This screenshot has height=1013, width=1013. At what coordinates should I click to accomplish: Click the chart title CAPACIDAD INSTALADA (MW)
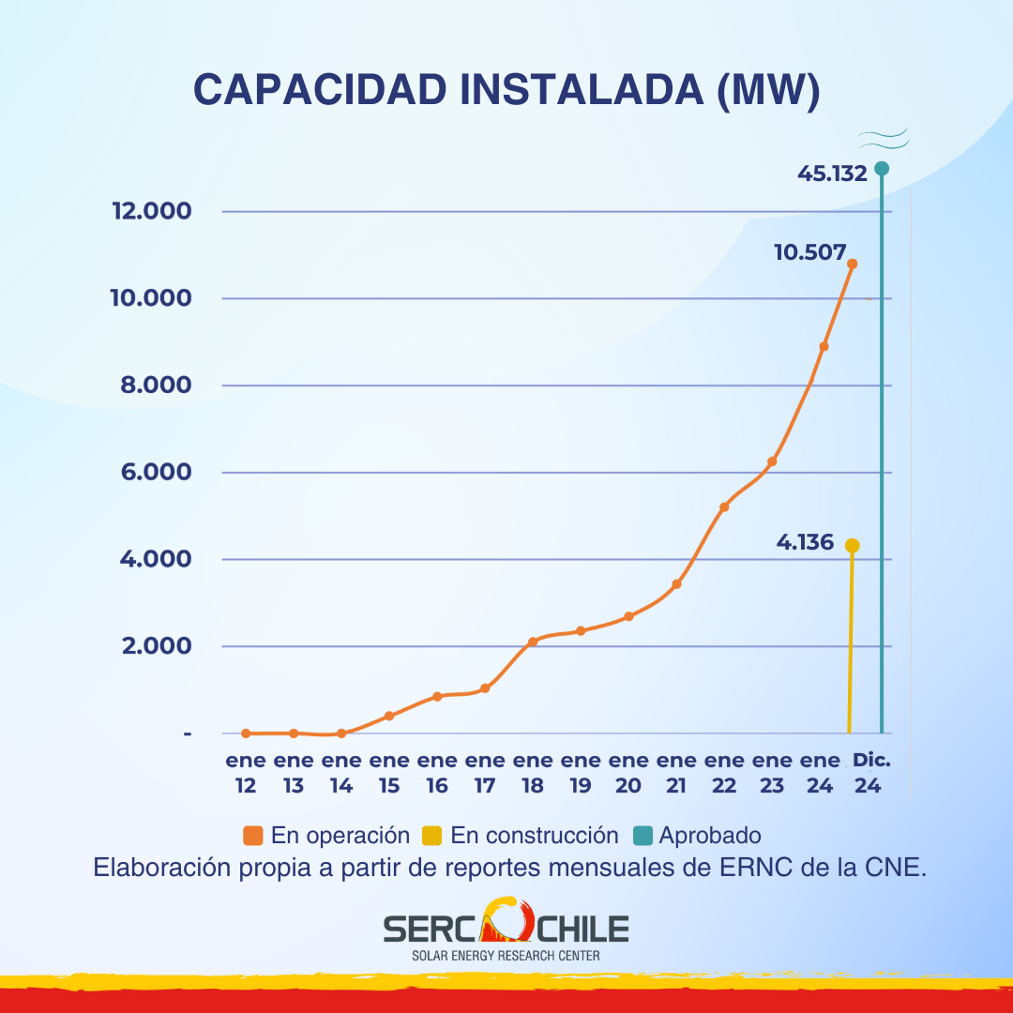pyautogui.click(x=506, y=89)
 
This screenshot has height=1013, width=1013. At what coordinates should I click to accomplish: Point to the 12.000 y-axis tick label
pyautogui.click(x=152, y=210)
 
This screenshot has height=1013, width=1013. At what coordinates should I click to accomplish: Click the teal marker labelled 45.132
pyautogui.click(x=882, y=169)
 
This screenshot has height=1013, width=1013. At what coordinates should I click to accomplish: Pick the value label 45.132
pyautogui.click(x=832, y=173)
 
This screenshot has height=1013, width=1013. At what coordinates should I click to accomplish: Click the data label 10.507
pyautogui.click(x=810, y=252)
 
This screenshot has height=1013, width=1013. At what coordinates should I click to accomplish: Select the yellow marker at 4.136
pyautogui.click(x=852, y=546)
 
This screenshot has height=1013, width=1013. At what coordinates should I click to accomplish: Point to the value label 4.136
pyautogui.click(x=805, y=542)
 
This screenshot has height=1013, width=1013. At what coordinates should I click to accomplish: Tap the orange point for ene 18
pyautogui.click(x=533, y=642)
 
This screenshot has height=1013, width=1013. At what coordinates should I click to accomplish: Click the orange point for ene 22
pyautogui.click(x=724, y=507)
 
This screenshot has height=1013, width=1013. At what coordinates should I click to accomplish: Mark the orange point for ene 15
pyautogui.click(x=389, y=716)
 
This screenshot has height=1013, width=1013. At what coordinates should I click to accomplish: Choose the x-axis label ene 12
pyautogui.click(x=246, y=773)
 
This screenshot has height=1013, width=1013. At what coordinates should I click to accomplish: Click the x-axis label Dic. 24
pyautogui.click(x=870, y=773)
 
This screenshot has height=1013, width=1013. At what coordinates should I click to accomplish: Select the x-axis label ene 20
pyautogui.click(x=628, y=773)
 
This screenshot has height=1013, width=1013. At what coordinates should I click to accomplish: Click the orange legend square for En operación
pyautogui.click(x=251, y=836)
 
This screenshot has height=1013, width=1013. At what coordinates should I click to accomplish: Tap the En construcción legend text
pyautogui.click(x=535, y=836)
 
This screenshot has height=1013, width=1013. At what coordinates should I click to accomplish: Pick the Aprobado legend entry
pyautogui.click(x=699, y=836)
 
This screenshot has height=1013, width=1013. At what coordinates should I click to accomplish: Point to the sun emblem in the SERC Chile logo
pyautogui.click(x=506, y=921)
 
